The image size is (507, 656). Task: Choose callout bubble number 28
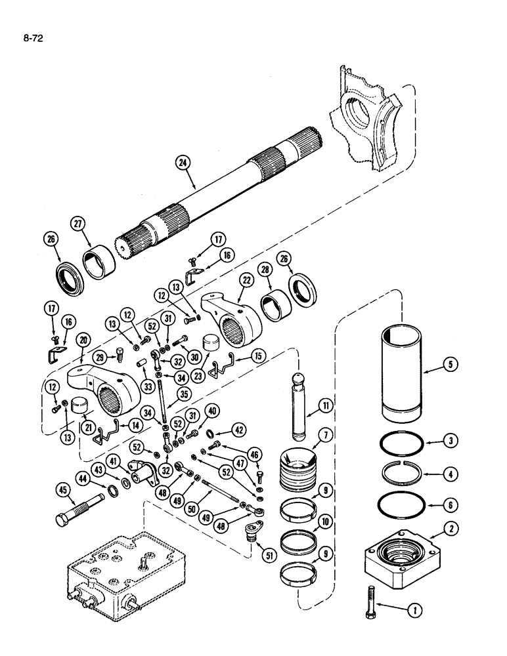click(x=265, y=270)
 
